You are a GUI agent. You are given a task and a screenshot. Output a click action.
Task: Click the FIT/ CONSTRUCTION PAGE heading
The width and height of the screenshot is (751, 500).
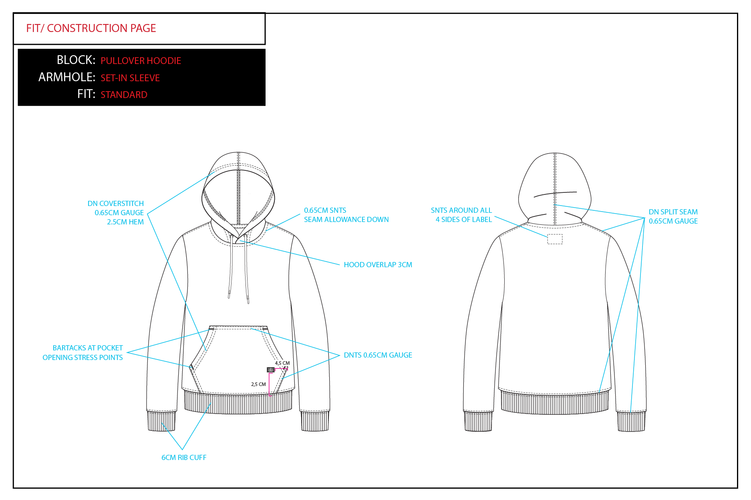pos(91,28)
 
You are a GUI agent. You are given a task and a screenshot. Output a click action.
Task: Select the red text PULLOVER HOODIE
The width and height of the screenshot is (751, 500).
pos(141,61)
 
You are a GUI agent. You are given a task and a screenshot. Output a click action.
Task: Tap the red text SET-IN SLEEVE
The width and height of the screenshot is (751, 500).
pos(130,78)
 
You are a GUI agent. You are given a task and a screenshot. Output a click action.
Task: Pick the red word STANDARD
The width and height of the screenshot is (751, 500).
pos(124,95)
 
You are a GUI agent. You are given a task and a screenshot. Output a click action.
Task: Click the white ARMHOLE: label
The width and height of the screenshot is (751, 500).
pos(67,77)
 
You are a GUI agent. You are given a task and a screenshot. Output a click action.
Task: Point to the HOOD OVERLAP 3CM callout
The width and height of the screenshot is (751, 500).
pos(378,265)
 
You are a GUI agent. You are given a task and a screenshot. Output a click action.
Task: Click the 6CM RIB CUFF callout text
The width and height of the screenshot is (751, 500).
pos(184,458)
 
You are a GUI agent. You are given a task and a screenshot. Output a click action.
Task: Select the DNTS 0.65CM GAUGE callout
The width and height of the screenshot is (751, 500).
pos(378,355)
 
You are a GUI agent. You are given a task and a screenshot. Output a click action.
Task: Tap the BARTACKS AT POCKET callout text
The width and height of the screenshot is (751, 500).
pos(88,348)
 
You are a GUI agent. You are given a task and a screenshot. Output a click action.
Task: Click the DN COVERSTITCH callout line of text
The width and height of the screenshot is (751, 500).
pos(115,204)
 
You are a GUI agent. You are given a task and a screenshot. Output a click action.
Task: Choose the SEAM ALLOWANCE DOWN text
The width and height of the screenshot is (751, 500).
pos(346,220)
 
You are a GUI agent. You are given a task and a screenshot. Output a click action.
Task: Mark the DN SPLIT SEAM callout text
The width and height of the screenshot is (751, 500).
pos(673,212)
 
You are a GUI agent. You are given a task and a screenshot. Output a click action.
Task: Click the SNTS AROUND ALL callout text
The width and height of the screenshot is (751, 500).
pos(461,210)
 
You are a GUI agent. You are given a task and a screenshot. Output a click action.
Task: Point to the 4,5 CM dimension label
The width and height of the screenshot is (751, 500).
pos(282,363)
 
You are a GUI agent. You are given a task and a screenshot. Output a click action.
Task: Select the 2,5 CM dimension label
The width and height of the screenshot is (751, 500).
pos(258,384)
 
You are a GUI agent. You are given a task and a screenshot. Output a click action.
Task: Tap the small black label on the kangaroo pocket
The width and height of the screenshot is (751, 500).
pos(271,370)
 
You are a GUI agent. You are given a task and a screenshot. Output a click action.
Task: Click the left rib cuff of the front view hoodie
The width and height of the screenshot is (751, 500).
pos(161,421)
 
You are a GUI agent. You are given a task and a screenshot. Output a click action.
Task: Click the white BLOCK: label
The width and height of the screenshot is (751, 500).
pos(76,60)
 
